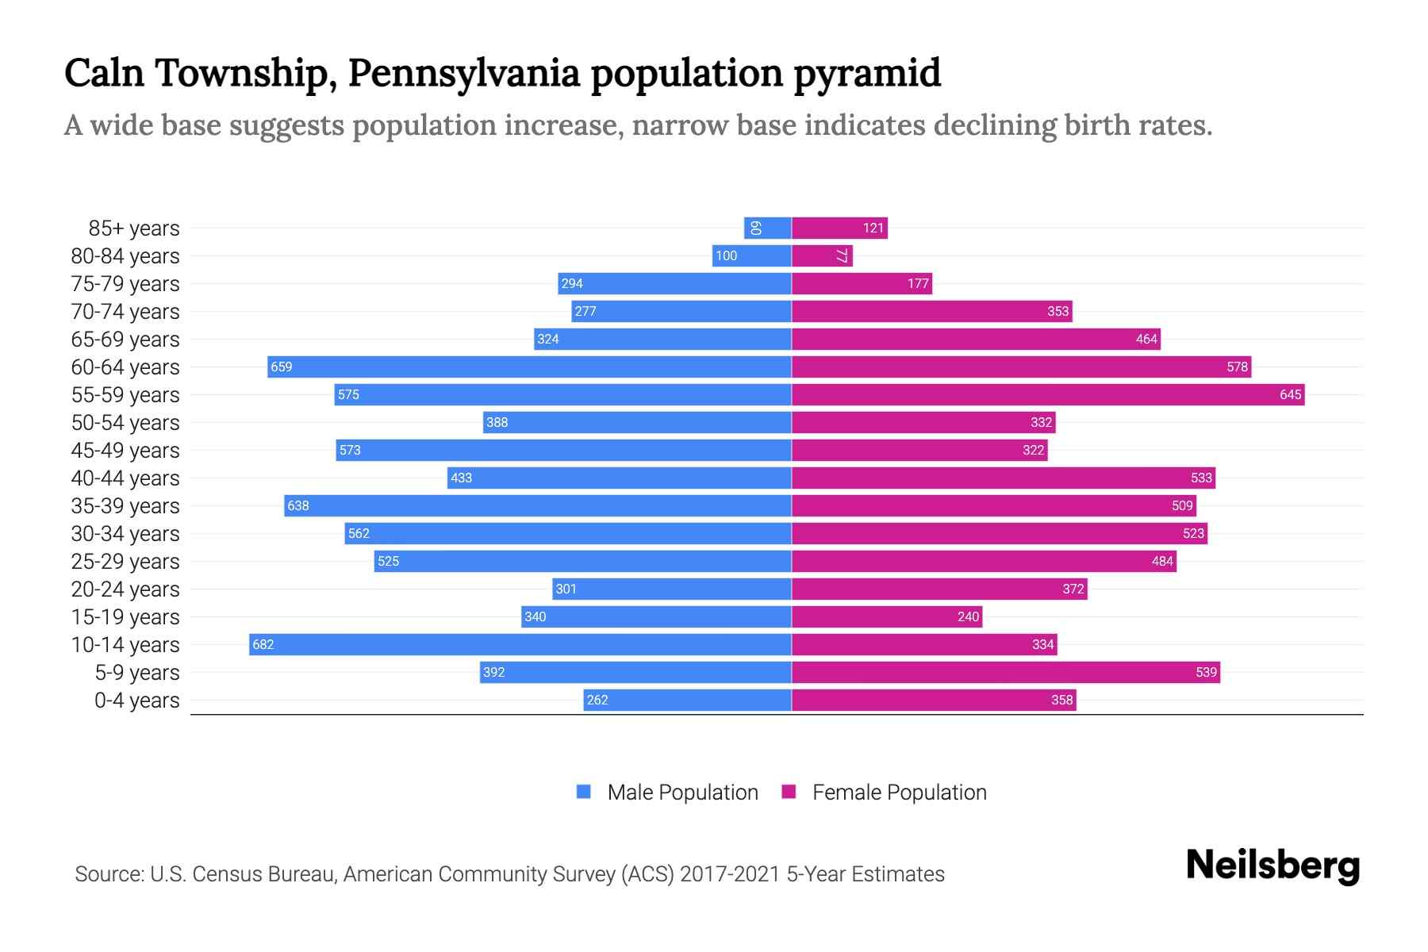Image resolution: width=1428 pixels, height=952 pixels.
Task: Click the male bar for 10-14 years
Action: coord(520,644)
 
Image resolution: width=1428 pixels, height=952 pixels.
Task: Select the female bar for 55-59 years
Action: coord(1047,394)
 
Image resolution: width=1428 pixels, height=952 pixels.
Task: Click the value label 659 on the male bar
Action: coord(282,367)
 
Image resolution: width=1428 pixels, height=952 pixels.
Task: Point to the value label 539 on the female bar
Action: coord(1206,672)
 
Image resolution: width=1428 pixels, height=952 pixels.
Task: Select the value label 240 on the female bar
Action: coord(968,616)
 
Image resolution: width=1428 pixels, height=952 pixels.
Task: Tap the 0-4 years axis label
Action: coord(136,701)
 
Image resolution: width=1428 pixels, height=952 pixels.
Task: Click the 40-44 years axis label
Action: coord(125,478)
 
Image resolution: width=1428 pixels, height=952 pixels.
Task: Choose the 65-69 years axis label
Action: coord(125,340)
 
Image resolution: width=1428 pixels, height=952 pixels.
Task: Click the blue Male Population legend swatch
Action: coord(584,792)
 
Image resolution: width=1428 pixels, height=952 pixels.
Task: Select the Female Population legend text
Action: coord(899,792)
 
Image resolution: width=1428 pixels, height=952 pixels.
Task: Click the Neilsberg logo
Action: coord(1273,866)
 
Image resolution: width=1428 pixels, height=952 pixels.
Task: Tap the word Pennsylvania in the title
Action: coord(463,73)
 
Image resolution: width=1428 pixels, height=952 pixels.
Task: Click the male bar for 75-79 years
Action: coord(674,283)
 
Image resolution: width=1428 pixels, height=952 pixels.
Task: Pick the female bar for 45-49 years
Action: coord(919,450)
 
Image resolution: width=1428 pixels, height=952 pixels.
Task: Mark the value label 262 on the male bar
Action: coord(597,700)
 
